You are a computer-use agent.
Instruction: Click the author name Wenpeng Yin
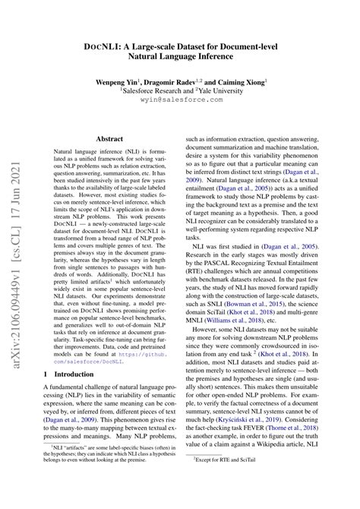pyautogui.click(x=122, y=79)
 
